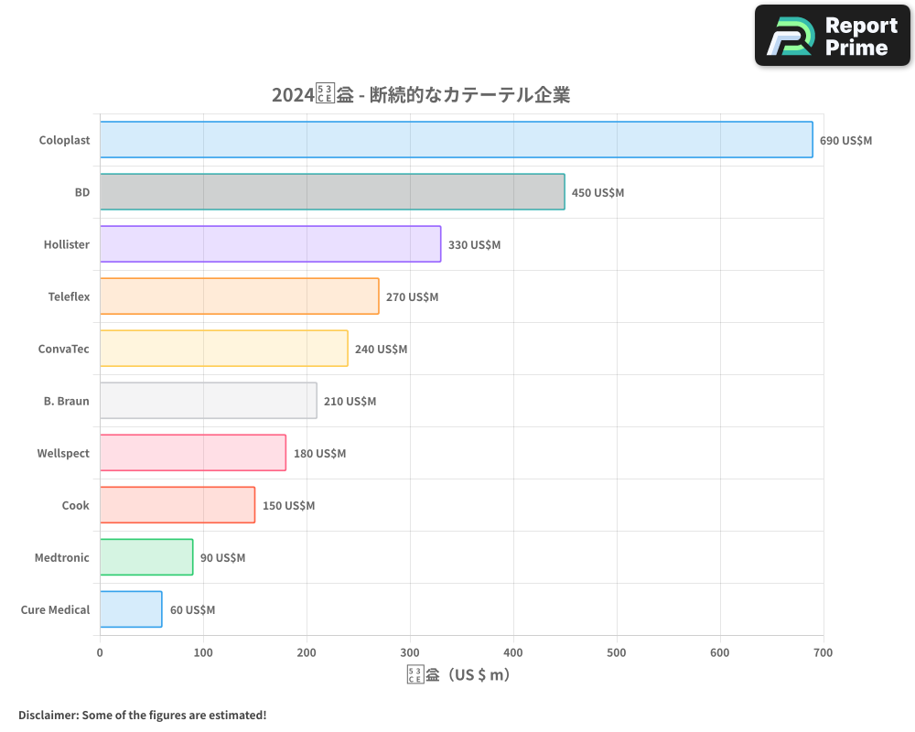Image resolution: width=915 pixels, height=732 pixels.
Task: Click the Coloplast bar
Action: pos(456,140)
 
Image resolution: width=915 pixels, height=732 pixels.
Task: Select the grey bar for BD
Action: pos(332,192)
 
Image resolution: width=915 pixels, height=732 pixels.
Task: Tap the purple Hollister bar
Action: pos(270,244)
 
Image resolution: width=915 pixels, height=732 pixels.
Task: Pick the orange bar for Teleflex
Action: pos(239,296)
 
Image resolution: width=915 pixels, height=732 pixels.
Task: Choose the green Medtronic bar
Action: pos(146,557)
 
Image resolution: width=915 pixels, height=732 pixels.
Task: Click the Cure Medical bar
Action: pos(131,609)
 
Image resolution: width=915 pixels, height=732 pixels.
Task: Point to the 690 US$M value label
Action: pos(845,141)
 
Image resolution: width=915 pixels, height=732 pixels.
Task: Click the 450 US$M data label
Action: pos(597,193)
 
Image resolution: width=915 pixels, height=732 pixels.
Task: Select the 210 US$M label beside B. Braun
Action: pos(350,402)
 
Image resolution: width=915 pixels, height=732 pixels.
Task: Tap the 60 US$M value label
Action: pos(192,610)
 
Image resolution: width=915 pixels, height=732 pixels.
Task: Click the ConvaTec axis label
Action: pos(64,349)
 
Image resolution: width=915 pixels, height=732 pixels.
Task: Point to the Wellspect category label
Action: pos(63,453)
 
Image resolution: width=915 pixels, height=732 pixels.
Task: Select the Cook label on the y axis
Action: pos(76,505)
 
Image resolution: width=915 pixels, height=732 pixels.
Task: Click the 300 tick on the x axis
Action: pos(410,653)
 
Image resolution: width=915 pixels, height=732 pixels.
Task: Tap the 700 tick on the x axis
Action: pos(823,653)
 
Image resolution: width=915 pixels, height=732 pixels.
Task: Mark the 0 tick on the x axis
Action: pos(100,653)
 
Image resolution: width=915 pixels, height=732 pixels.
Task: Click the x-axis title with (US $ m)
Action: pos(458,675)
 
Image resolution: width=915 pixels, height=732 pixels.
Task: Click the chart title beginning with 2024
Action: pos(421,95)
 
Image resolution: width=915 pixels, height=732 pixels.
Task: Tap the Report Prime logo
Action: pos(833,36)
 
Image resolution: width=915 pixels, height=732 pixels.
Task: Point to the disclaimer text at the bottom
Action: pos(143,715)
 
